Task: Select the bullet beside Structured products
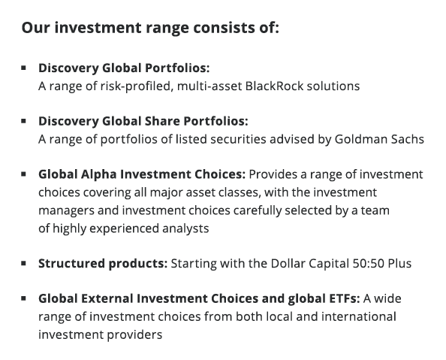[x=24, y=264]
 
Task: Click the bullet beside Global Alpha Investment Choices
[x=24, y=174]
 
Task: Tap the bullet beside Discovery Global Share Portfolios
[x=24, y=121]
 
